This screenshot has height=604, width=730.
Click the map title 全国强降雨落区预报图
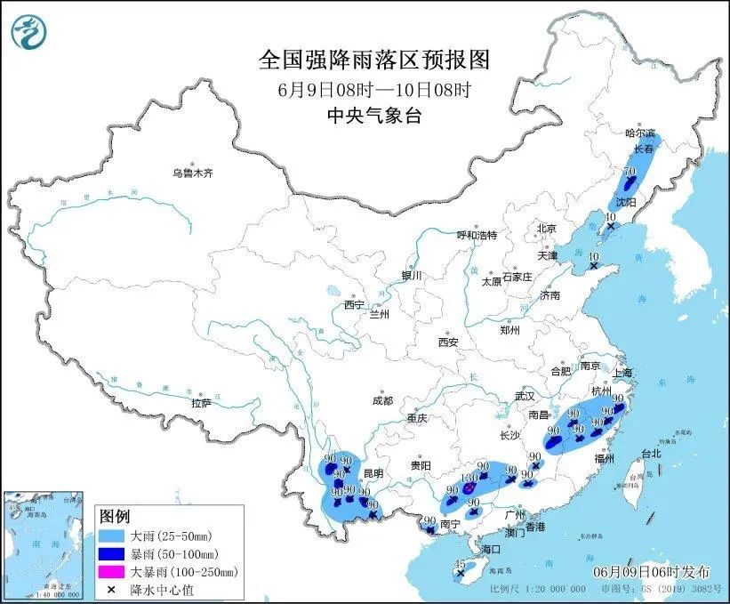pyautogui.click(x=373, y=60)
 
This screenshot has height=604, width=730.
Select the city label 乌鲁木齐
pyautogui.click(x=193, y=173)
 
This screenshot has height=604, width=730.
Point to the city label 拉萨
pyautogui.click(x=201, y=403)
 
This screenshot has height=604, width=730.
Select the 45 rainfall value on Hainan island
pyautogui.click(x=460, y=565)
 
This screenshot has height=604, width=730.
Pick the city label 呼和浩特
pyautogui.click(x=477, y=235)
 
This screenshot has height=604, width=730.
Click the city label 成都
pyautogui.click(x=383, y=400)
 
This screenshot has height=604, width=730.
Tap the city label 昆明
pyautogui.click(x=374, y=472)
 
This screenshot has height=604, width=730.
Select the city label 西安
pyautogui.click(x=447, y=342)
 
